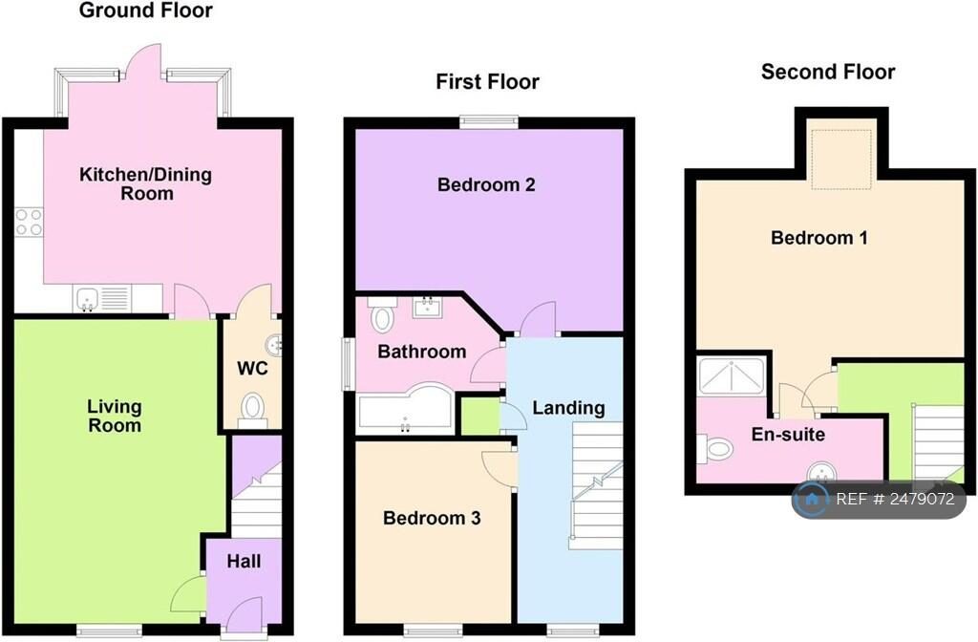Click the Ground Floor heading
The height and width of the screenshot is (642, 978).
click(145, 11)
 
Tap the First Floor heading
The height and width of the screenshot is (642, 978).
click(487, 81)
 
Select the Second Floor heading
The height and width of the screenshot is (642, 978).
click(828, 72)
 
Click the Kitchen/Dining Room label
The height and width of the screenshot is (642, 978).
click(145, 183)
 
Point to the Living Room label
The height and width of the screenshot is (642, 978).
click(114, 417)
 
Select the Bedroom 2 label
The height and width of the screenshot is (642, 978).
click(485, 184)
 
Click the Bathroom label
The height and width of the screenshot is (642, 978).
click(421, 352)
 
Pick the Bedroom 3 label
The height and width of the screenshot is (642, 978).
click(432, 518)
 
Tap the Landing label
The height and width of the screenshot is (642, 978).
click(568, 408)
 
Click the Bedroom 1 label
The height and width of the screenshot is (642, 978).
click(819, 237)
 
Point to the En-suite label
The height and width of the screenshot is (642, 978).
click(787, 435)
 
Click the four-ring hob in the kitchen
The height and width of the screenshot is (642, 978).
click(29, 222)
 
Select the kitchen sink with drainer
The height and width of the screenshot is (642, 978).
click(101, 300)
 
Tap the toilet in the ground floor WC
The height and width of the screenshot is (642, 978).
click(252, 408)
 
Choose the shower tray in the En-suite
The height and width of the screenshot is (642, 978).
click(731, 375)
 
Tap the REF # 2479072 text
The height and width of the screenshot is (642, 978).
click(895, 499)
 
